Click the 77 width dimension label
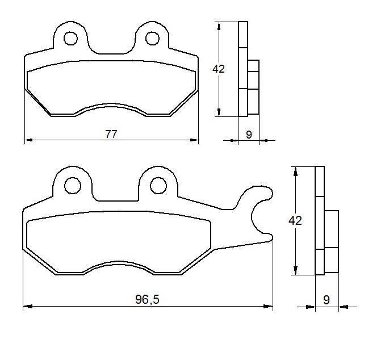pyautogui.click(x=111, y=135)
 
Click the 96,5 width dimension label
pyautogui.click(x=147, y=299)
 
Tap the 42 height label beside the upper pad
pyautogui.click(x=218, y=69)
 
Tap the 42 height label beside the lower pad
pyautogui.click(x=295, y=221)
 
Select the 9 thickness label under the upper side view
pyautogui.click(x=249, y=135)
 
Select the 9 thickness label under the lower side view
pyautogui.click(x=327, y=300)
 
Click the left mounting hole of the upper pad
pyautogui.click(x=70, y=38)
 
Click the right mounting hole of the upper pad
pyautogui.click(x=152, y=38)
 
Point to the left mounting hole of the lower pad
pyautogui.click(x=73, y=186)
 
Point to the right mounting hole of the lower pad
pyautogui.click(x=158, y=186)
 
